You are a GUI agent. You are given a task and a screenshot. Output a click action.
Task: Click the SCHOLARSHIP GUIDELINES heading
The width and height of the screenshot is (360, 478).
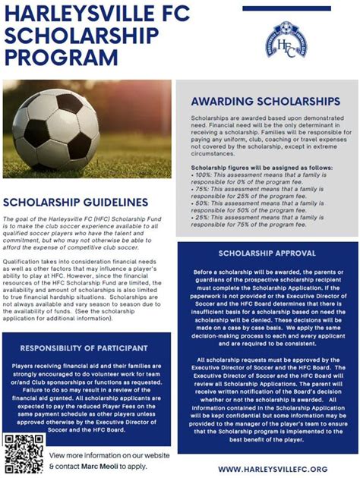coord(75,203)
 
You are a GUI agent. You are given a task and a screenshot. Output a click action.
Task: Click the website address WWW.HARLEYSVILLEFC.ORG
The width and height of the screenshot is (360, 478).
coord(274,470)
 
